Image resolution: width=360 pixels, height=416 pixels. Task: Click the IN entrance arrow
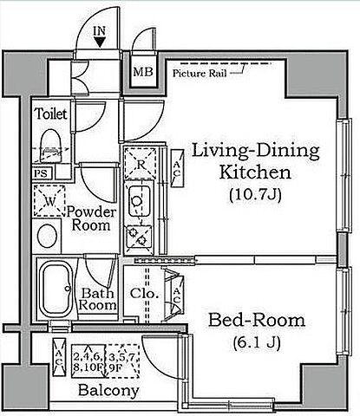100,42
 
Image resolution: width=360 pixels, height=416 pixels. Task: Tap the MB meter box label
143,72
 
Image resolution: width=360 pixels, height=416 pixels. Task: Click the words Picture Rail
200,74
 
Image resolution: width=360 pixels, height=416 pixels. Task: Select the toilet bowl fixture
51,146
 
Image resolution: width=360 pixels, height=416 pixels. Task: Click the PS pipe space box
42,173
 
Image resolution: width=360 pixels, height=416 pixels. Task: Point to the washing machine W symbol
49,200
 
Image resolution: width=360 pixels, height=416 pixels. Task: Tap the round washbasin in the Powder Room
48,235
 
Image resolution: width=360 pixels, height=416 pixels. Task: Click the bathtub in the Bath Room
56,289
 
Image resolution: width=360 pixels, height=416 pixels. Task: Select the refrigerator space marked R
141,164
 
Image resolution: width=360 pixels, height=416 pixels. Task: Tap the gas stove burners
139,236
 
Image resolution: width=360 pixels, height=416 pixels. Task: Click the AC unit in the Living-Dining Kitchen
177,168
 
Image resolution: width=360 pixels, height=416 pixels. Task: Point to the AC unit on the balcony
59,357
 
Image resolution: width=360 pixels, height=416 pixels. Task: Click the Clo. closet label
144,294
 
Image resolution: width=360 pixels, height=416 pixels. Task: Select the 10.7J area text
255,195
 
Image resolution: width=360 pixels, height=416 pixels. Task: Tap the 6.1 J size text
257,343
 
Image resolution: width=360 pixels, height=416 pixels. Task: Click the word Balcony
108,391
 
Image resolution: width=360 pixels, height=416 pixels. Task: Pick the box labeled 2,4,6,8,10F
88,361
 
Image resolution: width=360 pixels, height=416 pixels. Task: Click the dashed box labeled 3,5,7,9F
122,361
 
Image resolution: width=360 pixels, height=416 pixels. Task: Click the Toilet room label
51,114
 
